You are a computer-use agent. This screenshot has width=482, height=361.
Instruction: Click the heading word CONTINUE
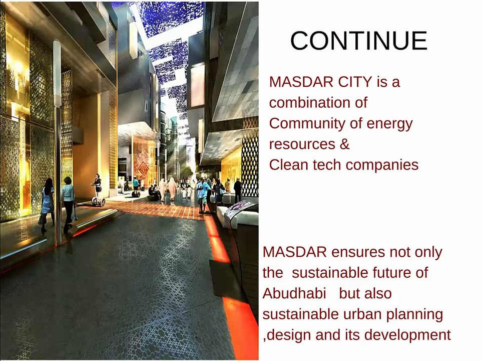click(x=358, y=41)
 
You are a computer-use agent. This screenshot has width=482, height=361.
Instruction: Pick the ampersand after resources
click(x=344, y=144)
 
